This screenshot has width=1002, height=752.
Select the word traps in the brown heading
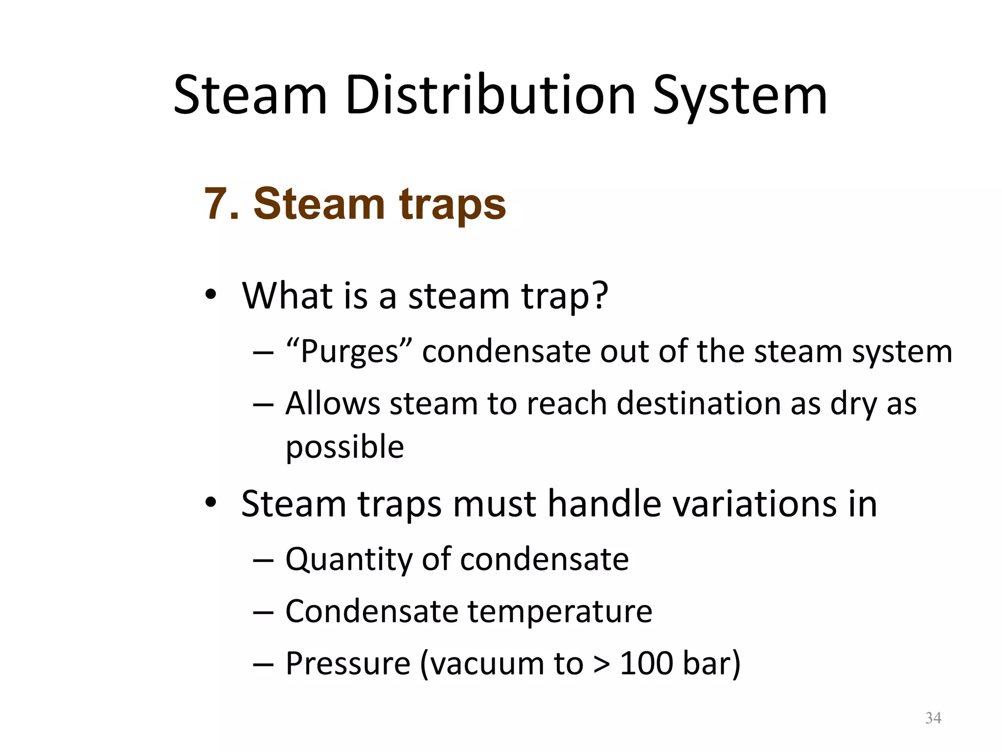pyautogui.click(x=453, y=205)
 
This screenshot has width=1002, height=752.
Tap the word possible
pyautogui.click(x=344, y=446)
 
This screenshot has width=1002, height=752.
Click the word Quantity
pyautogui.click(x=348, y=559)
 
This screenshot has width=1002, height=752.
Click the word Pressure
pyautogui.click(x=348, y=663)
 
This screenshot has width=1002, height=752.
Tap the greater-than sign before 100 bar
pyautogui.click(x=602, y=664)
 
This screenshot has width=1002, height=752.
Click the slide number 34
pyautogui.click(x=933, y=718)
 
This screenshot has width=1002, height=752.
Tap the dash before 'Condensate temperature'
pyautogui.click(x=263, y=612)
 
